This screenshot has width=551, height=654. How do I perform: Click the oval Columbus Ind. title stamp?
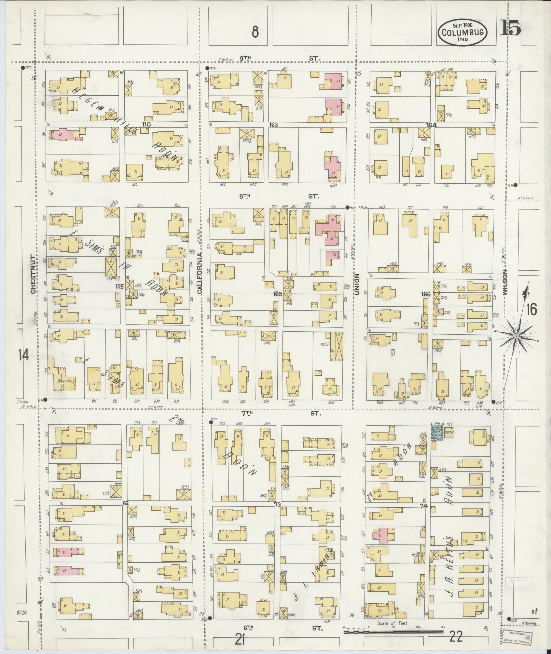(463, 32)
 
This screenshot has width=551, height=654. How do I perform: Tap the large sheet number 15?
(510, 28)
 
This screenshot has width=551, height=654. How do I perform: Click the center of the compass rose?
(516, 336)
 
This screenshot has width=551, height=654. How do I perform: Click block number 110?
(147, 124)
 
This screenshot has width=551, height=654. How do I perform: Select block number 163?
(273, 125)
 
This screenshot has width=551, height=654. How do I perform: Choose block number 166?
(426, 294)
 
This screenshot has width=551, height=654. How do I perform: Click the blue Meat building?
(437, 433)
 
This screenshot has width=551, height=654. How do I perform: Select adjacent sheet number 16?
(531, 310)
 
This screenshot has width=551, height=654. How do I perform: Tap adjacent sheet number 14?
(24, 356)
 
